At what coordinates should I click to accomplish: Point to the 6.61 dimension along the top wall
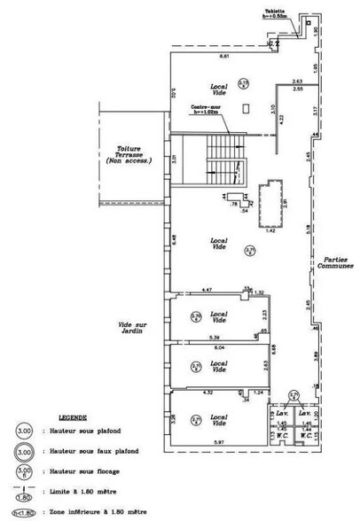coord(225,56)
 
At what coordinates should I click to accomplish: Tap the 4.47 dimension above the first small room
coord(205,289)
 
